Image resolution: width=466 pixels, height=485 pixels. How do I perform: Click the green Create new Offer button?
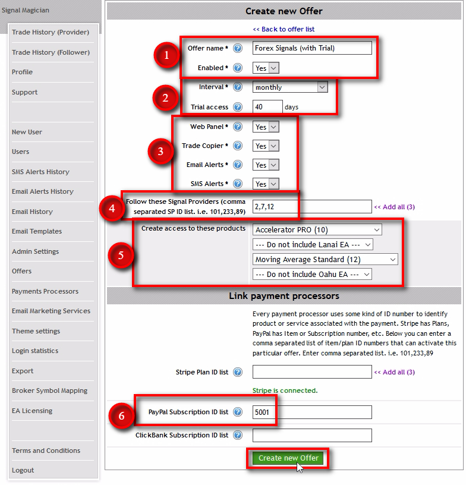(288, 458)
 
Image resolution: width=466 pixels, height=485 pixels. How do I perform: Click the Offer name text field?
(312, 48)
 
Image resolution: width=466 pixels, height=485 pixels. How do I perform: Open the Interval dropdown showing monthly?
(290, 87)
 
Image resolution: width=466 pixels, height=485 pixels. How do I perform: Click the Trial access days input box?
(267, 107)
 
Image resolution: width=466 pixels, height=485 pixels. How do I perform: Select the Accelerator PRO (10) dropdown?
(317, 230)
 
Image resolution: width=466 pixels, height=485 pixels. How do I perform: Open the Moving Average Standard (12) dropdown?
(325, 260)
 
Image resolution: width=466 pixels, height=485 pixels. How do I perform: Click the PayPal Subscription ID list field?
(312, 412)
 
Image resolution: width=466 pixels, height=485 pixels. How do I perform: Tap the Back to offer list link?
(284, 29)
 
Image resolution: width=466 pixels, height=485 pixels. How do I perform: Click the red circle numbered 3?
(160, 152)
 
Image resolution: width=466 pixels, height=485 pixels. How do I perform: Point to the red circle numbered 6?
(121, 416)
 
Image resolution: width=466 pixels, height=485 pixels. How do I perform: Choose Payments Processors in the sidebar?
(45, 291)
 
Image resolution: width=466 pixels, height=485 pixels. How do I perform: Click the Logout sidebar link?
(23, 470)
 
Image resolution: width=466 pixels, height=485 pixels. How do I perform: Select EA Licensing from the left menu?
(32, 411)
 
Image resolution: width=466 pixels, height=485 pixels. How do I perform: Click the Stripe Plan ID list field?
(312, 372)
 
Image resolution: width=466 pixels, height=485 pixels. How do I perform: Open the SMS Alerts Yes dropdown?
(266, 184)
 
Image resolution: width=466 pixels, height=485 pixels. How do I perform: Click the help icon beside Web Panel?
(238, 127)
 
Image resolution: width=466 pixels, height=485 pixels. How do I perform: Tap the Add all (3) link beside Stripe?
(395, 372)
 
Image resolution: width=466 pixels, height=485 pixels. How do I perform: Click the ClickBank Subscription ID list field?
(312, 436)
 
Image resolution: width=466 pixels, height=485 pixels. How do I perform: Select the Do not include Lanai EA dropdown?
(313, 245)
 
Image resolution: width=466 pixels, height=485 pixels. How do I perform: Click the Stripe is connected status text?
(285, 390)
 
